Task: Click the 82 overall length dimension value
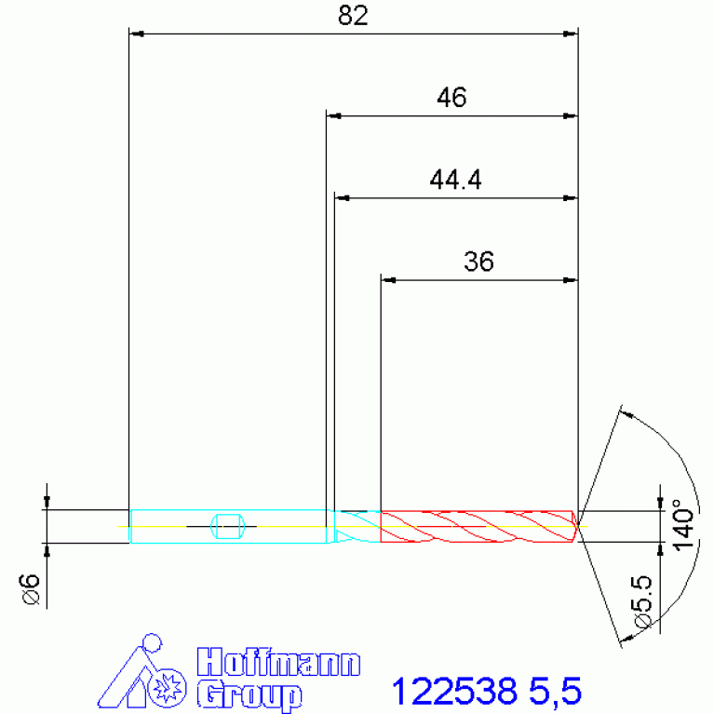[353, 16]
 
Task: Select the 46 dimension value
[451, 98]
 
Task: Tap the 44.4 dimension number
[455, 180]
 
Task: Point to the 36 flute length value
[478, 262]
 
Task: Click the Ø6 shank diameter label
[31, 589]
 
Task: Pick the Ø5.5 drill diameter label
[642, 602]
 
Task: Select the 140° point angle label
[684, 525]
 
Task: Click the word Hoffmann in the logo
[278, 662]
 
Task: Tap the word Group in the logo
[249, 694]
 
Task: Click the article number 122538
[454, 692]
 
